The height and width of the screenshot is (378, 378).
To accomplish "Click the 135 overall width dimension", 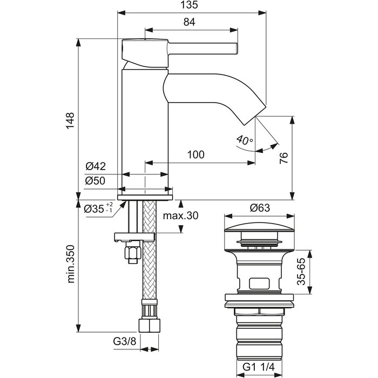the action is [189, 5].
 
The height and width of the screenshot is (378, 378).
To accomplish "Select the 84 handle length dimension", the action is [189, 22].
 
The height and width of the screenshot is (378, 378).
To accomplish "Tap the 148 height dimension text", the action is [70, 120].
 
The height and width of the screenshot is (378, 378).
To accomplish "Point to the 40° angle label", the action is [245, 140].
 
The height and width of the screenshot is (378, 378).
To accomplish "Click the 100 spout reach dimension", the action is [195, 154].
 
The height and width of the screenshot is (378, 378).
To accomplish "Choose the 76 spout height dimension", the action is [283, 158].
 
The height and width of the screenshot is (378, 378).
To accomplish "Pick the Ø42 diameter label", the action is [96, 166].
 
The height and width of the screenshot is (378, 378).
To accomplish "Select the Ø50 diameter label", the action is [96, 180].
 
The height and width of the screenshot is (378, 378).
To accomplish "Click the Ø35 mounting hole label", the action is [98, 209].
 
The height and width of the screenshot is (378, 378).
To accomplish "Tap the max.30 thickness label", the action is [180, 215].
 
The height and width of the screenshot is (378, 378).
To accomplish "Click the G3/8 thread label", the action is [125, 341].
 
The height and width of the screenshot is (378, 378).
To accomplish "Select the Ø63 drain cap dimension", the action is [260, 207].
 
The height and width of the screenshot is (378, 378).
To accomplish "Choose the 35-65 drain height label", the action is [301, 272].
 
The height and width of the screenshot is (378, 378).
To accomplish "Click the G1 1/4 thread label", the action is [259, 367].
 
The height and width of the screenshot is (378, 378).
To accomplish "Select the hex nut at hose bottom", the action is [150, 326].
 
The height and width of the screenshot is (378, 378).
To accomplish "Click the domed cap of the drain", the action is [259, 227].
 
